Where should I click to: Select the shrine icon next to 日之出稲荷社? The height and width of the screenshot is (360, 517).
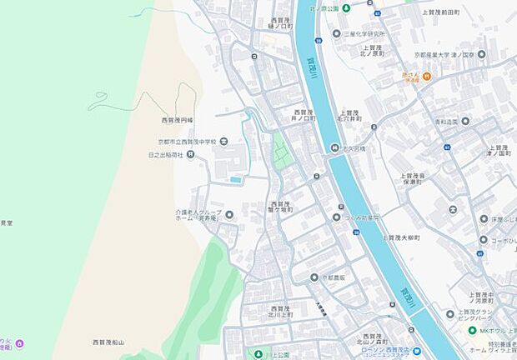[190, 154]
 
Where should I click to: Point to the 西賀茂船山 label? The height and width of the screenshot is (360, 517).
[108, 342]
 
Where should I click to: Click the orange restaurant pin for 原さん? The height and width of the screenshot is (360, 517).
[426, 77]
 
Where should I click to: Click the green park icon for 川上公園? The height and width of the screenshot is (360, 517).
[257, 353]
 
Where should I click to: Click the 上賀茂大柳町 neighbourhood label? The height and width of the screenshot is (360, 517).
[402, 237]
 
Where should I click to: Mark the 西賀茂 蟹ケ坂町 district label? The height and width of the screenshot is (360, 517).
[280, 207]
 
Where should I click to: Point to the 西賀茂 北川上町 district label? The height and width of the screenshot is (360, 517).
[279, 312]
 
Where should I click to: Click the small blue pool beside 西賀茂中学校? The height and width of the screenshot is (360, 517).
[236, 178]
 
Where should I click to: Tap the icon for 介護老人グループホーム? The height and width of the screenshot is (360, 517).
[229, 215]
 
